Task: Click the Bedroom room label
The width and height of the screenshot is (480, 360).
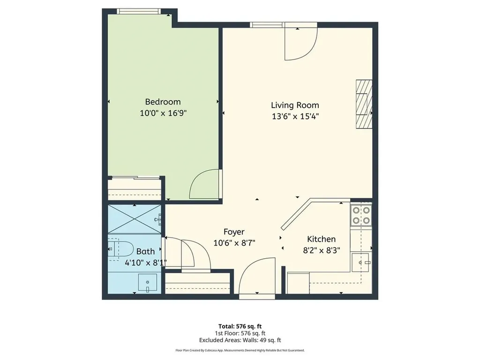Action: (x=163, y=102)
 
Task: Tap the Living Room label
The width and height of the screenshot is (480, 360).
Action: (x=295, y=105)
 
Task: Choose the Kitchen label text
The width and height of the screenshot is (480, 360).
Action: (x=321, y=239)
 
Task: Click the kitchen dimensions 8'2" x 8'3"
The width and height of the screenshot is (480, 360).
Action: (x=321, y=250)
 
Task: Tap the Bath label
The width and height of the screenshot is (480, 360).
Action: (x=145, y=251)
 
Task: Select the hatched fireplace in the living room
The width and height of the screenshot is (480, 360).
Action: (x=363, y=104)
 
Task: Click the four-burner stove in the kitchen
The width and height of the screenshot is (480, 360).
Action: (x=361, y=215)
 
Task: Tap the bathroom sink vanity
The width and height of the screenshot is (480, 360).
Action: (x=149, y=283)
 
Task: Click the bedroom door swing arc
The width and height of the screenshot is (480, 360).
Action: (x=205, y=185)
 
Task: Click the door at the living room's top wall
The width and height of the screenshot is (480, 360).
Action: (x=299, y=43)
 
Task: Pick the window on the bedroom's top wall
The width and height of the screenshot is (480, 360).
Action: (x=139, y=11)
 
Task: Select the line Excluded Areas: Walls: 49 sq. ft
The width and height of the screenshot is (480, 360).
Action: (x=240, y=340)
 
